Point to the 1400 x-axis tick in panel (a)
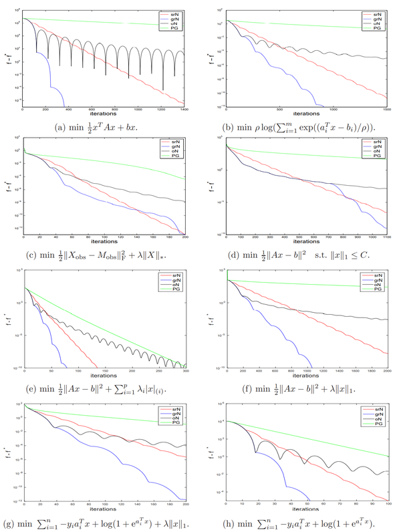(184, 108)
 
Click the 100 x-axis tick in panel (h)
(388, 503)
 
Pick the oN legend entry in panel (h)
(379, 419)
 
